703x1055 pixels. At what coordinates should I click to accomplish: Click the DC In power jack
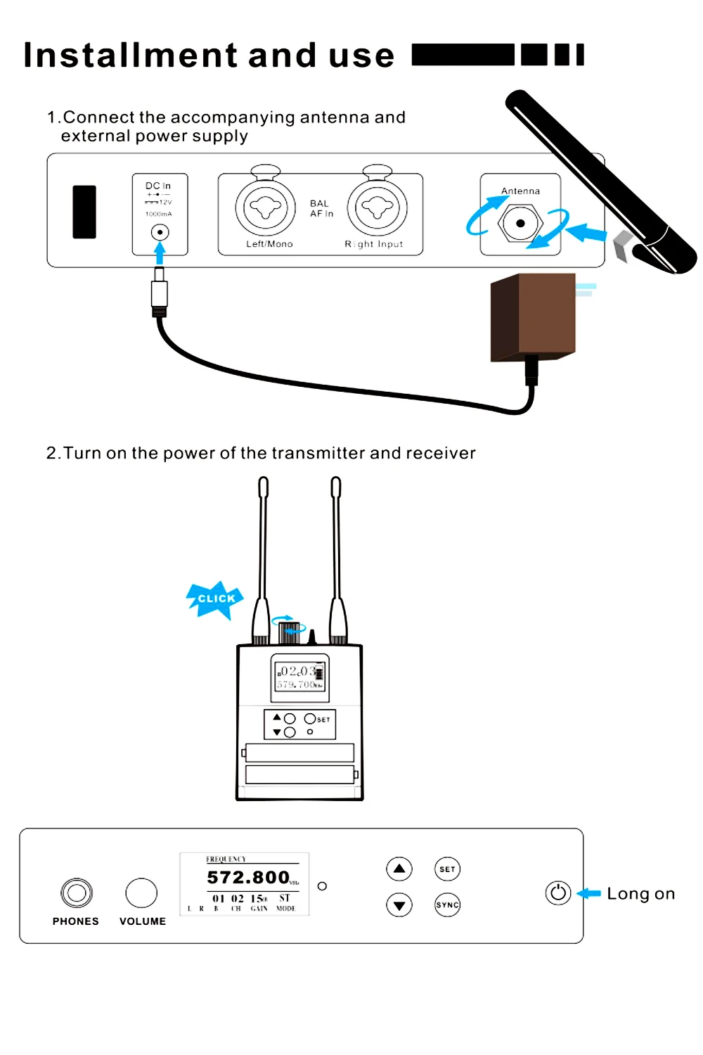click(x=160, y=232)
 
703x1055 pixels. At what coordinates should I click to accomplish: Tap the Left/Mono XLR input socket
click(x=265, y=208)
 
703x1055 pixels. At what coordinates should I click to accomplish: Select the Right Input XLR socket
click(x=378, y=208)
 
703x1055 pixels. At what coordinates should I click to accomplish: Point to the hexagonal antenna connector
click(x=520, y=224)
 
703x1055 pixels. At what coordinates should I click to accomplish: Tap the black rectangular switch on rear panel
click(x=84, y=212)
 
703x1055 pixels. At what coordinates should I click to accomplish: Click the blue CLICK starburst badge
click(x=215, y=599)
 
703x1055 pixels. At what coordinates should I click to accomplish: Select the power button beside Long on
click(x=558, y=893)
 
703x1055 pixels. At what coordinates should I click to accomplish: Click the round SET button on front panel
click(x=447, y=869)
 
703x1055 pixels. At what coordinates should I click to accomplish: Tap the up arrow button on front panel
click(x=399, y=869)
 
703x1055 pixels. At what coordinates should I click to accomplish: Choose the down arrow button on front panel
click(x=399, y=905)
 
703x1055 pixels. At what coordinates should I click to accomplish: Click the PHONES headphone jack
click(x=77, y=893)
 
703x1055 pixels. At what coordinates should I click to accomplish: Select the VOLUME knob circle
click(x=141, y=893)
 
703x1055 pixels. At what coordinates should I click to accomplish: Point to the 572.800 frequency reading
click(x=248, y=878)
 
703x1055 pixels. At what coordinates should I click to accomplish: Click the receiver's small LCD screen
click(x=300, y=677)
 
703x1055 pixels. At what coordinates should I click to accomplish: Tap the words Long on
click(x=640, y=894)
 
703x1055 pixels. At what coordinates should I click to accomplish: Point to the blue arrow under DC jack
click(x=160, y=252)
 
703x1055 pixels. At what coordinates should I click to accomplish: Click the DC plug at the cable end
click(x=160, y=292)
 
